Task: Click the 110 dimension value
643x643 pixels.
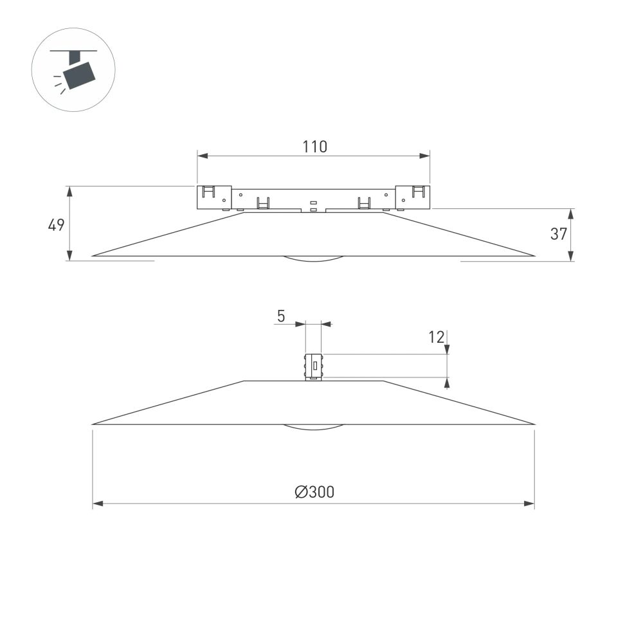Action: point(314,147)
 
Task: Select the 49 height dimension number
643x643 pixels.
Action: point(57,225)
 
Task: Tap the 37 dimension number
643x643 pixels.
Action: point(559,235)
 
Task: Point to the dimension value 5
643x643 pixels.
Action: point(281,316)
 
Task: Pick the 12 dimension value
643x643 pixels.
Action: point(437,336)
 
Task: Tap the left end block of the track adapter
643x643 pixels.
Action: point(213,197)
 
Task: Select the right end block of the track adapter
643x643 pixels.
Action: point(413,197)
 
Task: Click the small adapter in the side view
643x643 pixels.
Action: point(313,366)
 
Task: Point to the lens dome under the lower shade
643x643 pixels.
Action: point(314,427)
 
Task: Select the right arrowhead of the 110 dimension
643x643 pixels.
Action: point(425,156)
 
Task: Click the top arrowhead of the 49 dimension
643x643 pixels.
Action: point(69,191)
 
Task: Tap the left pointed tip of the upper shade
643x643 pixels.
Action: point(94,255)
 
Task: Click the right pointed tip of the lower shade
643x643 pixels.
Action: point(533,424)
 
